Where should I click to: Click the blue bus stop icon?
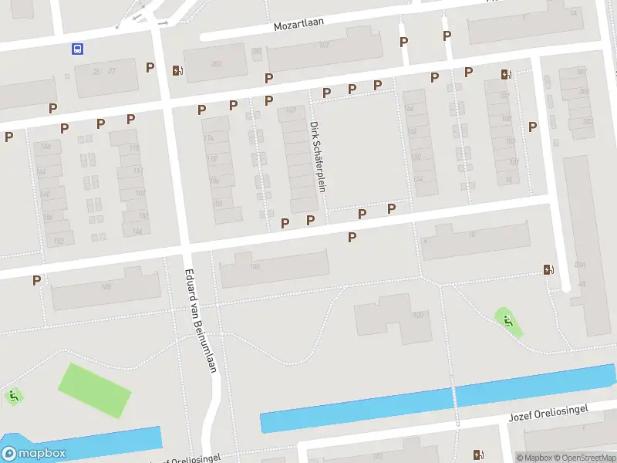click(77, 49)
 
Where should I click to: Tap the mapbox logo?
click(34, 454)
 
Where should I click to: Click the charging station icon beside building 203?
click(179, 71)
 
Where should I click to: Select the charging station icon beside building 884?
click(548, 269)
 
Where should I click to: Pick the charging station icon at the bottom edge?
click(479, 455)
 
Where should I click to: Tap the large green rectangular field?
click(95, 390)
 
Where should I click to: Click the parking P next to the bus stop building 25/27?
click(150, 67)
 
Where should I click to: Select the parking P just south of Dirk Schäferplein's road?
click(352, 237)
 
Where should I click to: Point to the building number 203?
click(216, 64)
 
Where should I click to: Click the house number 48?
click(581, 283)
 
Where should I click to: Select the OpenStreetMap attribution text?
click(586, 458)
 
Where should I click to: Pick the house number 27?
click(112, 71)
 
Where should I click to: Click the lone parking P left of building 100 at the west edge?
click(36, 280)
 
